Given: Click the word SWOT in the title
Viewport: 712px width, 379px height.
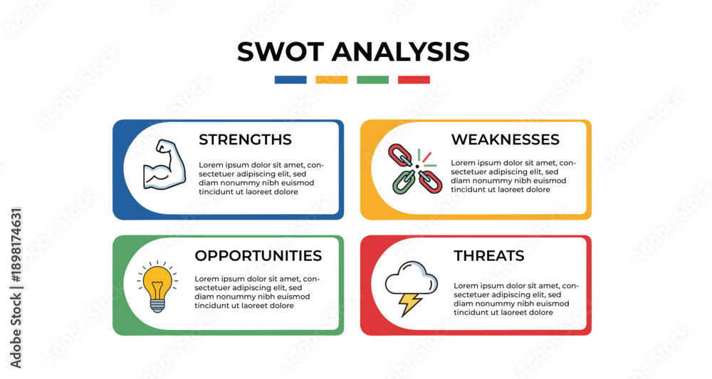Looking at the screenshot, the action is click(x=281, y=51).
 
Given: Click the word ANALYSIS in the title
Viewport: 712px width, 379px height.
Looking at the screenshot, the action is click(x=400, y=51).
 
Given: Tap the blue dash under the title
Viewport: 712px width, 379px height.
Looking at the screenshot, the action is click(x=290, y=80).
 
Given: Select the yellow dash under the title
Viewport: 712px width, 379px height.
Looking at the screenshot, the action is click(x=332, y=80).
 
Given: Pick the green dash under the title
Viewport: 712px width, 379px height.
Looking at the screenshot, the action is click(x=373, y=80).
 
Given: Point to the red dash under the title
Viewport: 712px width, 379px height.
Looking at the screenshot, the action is click(x=414, y=80).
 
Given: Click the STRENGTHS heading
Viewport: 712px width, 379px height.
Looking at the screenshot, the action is click(x=245, y=139).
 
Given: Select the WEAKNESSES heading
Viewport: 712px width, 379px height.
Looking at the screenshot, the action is click(x=505, y=139).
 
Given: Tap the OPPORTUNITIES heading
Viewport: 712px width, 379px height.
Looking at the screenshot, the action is click(x=258, y=256).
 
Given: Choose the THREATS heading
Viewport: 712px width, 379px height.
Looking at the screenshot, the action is click(x=489, y=256).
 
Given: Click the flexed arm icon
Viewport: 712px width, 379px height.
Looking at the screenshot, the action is click(x=164, y=164).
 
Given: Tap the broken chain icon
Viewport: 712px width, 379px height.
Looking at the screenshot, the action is click(x=414, y=169).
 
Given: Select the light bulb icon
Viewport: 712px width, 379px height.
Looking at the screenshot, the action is click(x=157, y=287).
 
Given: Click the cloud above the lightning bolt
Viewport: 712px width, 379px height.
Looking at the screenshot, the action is click(x=412, y=278).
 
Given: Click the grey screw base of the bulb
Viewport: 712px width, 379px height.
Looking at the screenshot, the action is click(x=157, y=306).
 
